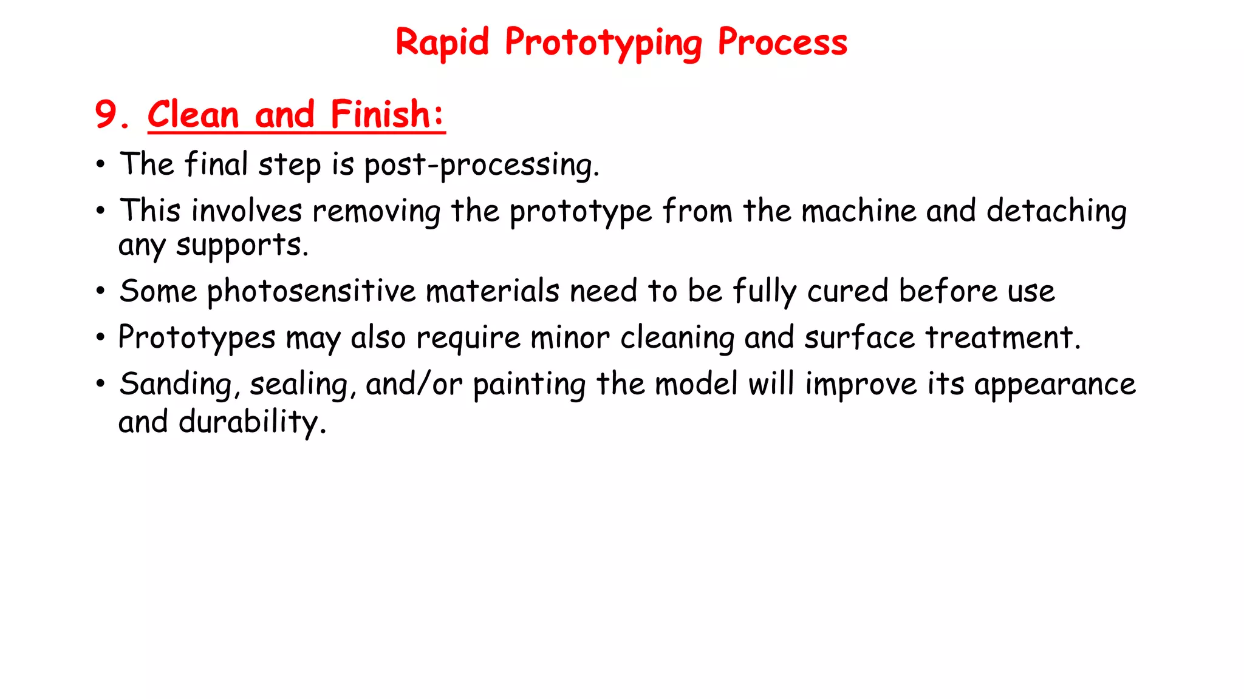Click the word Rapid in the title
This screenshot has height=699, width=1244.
[x=442, y=42]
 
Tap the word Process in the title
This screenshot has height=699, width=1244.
[x=782, y=42]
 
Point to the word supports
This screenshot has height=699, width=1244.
[x=242, y=246]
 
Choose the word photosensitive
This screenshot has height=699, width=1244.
[x=312, y=291]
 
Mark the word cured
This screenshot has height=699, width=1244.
[x=848, y=291]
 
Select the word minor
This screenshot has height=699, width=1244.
[x=570, y=337]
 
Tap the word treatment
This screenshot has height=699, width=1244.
[x=1003, y=337]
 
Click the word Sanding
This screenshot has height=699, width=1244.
[x=176, y=384]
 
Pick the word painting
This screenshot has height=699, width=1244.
[x=529, y=385]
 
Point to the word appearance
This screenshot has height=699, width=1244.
[x=1054, y=385]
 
